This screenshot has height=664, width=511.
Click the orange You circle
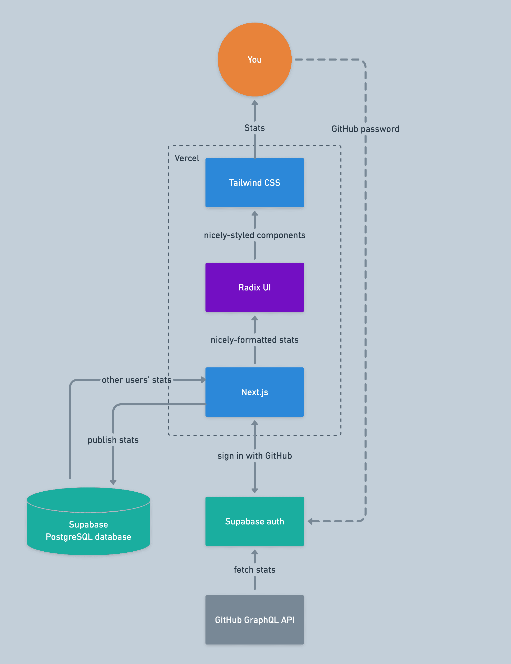[254, 60]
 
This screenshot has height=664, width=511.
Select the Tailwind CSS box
[254, 182]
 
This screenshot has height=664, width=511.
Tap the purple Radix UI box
[254, 287]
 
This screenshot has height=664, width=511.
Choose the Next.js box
[254, 392]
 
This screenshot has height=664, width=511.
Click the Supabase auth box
[254, 521]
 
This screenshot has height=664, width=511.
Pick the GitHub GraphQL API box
[254, 620]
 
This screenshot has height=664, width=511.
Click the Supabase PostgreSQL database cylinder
[89, 526]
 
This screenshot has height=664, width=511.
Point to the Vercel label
[187, 158]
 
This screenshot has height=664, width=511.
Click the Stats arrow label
[254, 128]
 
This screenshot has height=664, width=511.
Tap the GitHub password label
[365, 129]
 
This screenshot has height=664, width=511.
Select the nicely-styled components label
[254, 235]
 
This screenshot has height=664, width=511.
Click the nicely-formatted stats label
[254, 340]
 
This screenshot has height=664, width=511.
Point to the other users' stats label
[136, 380]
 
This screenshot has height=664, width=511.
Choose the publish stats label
[113, 440]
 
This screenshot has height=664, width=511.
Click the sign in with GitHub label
[254, 456]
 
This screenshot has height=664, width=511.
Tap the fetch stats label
[254, 569]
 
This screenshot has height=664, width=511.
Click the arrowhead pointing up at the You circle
[255, 103]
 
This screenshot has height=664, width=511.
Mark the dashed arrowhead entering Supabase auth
[310, 521]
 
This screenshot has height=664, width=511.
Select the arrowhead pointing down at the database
[113, 482]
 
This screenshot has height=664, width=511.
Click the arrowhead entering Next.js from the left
[203, 380]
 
